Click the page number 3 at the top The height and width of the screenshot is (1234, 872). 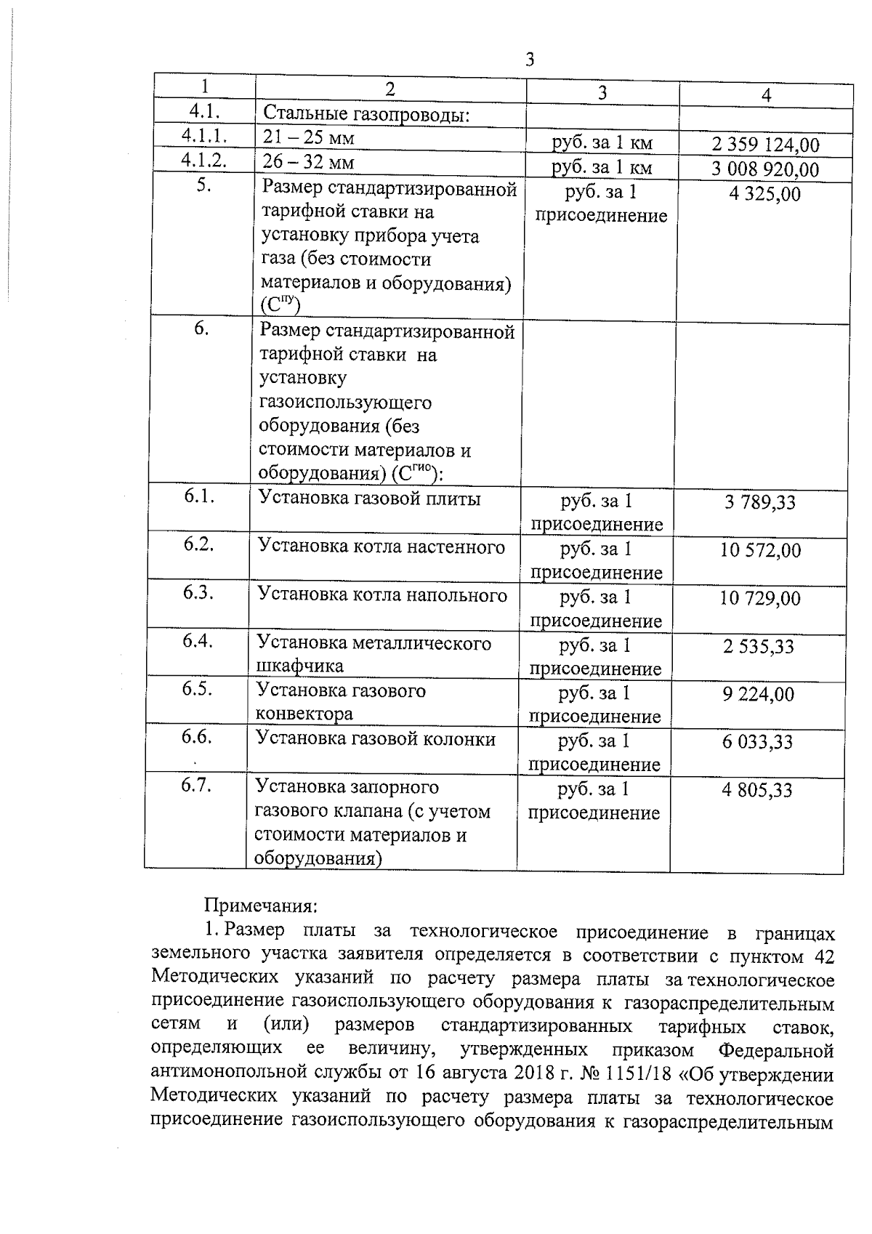coord(530,60)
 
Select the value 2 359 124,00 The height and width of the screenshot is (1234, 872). coord(765,145)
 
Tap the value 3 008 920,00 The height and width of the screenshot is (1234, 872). coord(764,170)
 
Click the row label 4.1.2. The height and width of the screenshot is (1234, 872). coord(204,160)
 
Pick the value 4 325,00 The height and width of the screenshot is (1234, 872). coord(764,194)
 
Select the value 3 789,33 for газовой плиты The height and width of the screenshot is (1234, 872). coord(759,502)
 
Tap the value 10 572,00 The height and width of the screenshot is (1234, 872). coord(760,550)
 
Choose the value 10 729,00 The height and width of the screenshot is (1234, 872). coord(759,599)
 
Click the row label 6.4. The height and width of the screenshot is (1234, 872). coord(198,641)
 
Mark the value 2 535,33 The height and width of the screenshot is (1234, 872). coord(758,647)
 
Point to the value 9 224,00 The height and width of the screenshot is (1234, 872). coord(758,695)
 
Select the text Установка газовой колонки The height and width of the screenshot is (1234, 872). coord(376,739)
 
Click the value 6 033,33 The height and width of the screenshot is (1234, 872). coord(757,743)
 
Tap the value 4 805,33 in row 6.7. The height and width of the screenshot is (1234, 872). coord(756,791)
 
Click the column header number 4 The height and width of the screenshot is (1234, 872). coord(766,95)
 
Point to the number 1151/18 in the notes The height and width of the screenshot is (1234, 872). coord(642,1073)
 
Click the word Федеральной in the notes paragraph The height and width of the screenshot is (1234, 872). coord(775,1050)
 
